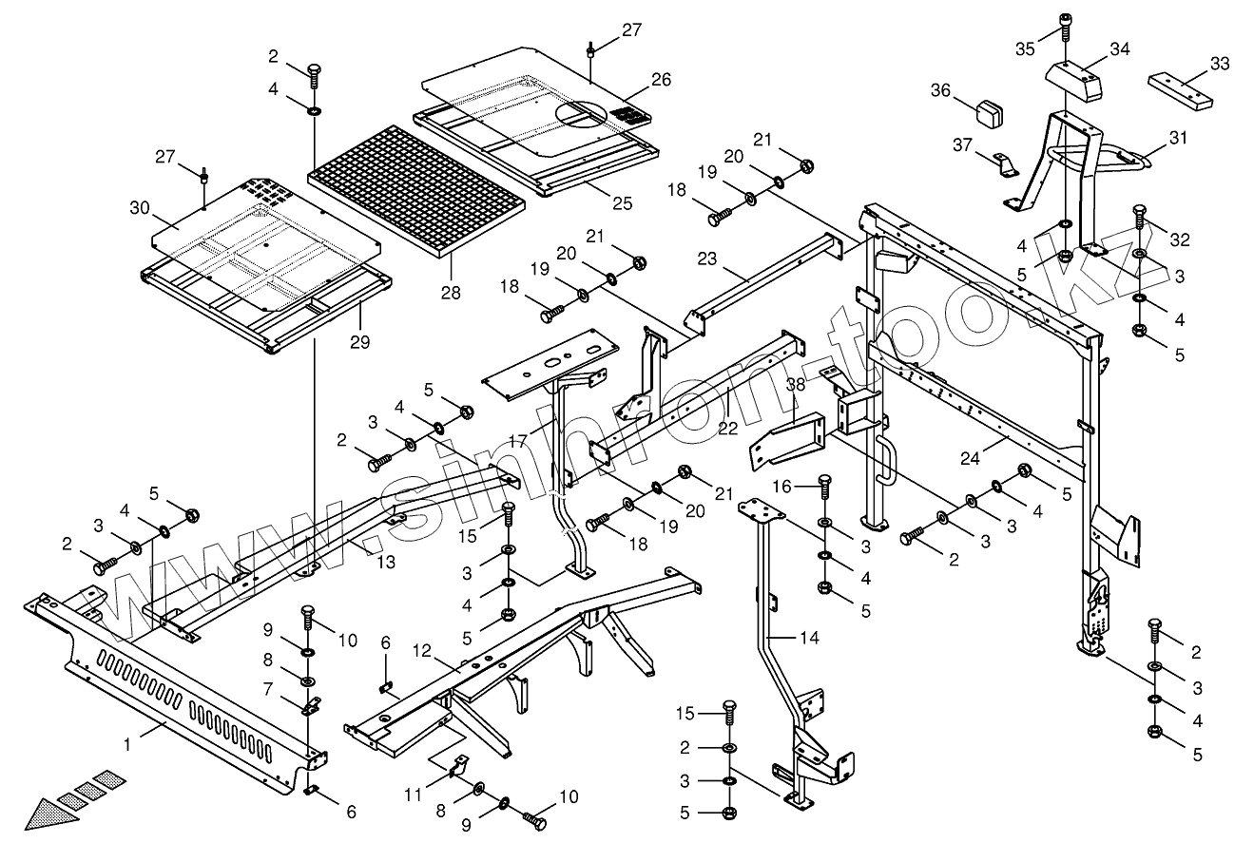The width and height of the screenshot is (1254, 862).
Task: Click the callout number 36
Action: [x=940, y=90]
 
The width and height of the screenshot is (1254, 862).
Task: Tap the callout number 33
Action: [x=1219, y=65]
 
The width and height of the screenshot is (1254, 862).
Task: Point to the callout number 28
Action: [x=451, y=293]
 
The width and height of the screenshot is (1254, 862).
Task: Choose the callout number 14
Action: [x=808, y=639]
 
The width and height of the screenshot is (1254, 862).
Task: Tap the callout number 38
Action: [x=795, y=385]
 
